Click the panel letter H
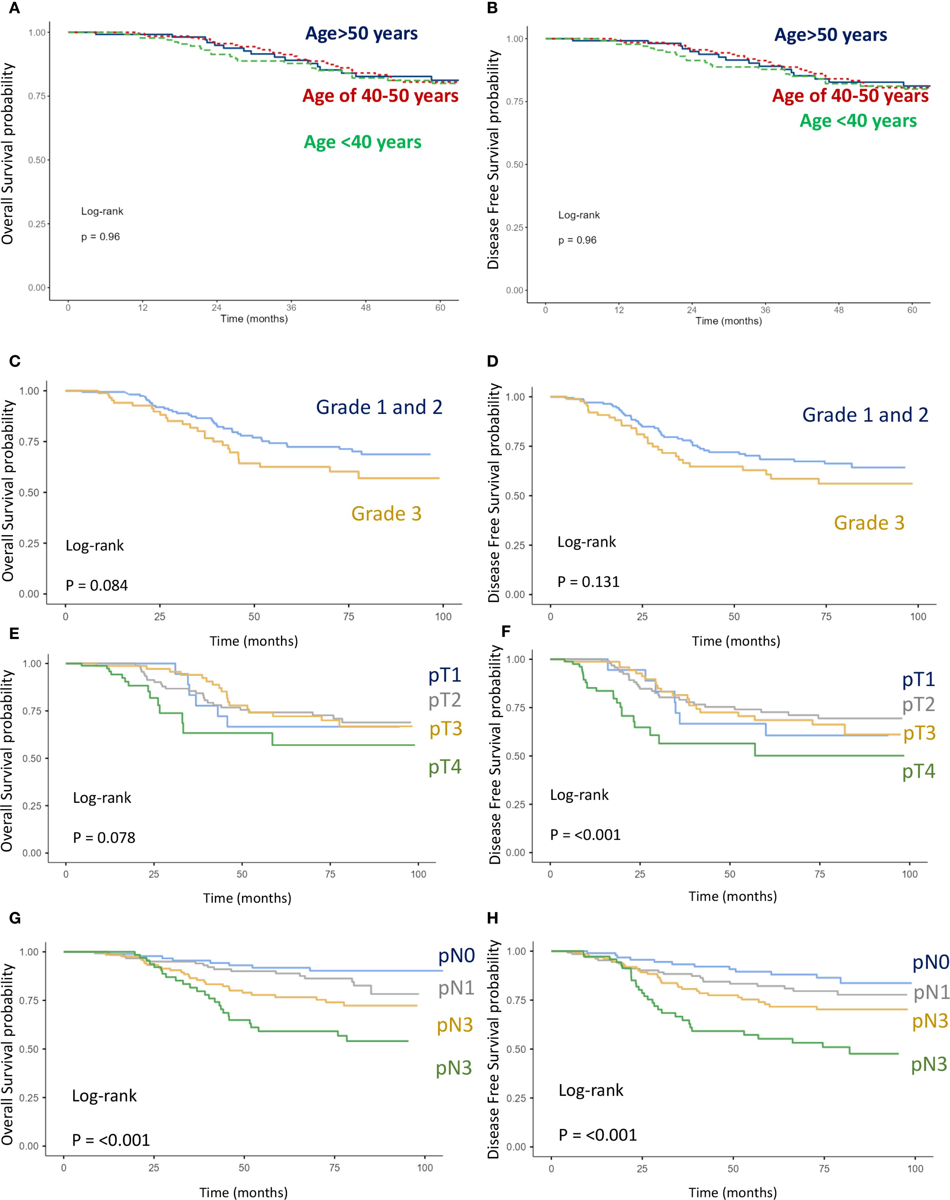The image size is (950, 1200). click(x=492, y=917)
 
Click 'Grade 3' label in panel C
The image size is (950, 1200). click(x=386, y=513)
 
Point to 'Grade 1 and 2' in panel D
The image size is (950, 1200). click(x=865, y=415)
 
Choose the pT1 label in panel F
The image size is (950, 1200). click(x=918, y=679)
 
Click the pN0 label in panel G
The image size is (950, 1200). click(x=456, y=956)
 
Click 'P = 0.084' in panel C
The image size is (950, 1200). click(x=97, y=586)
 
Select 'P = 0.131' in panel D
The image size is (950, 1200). click(x=588, y=582)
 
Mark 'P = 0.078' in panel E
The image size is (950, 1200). click(x=104, y=837)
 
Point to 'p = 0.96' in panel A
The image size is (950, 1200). click(x=101, y=237)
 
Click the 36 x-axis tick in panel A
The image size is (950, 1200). click(x=291, y=308)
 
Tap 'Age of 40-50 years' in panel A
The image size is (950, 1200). click(x=380, y=95)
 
